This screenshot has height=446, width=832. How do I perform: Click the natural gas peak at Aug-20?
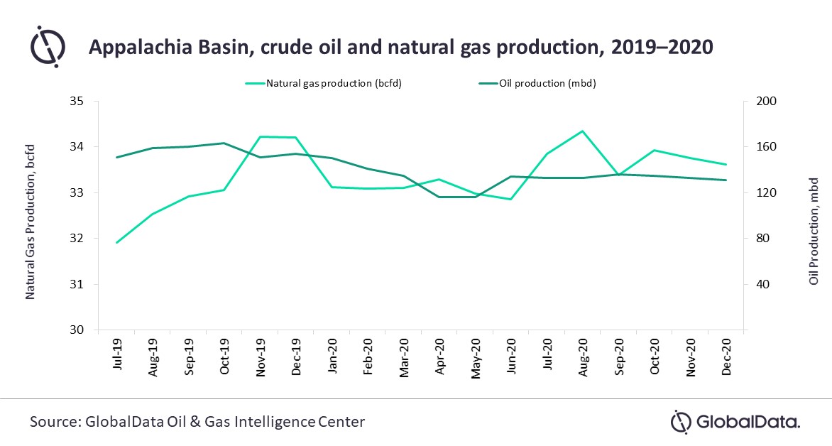(x=582, y=131)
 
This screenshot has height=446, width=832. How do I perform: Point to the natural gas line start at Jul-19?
(x=116, y=243)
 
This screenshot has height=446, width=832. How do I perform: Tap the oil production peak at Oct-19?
(x=224, y=143)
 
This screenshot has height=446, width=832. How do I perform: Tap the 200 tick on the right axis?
(x=759, y=102)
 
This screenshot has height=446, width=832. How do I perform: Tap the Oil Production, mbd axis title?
(x=814, y=232)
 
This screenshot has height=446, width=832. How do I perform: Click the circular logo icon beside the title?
(x=48, y=46)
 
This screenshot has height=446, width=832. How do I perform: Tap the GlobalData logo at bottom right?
(x=735, y=422)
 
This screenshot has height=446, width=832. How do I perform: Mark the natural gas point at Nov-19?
(x=261, y=136)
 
